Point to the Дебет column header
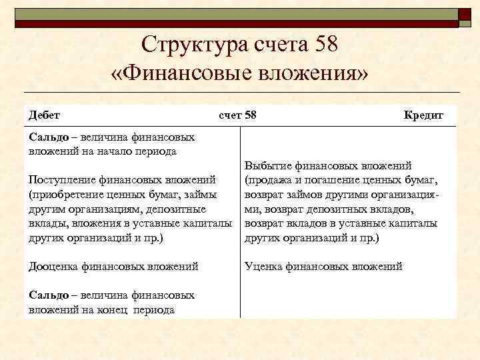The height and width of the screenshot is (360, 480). (x=44, y=115)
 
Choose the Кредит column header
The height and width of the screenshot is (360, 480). (x=423, y=115)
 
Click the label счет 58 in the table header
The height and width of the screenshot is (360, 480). (x=237, y=115)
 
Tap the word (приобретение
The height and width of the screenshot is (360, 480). (x=63, y=194)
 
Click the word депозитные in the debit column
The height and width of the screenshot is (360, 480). (x=175, y=209)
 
